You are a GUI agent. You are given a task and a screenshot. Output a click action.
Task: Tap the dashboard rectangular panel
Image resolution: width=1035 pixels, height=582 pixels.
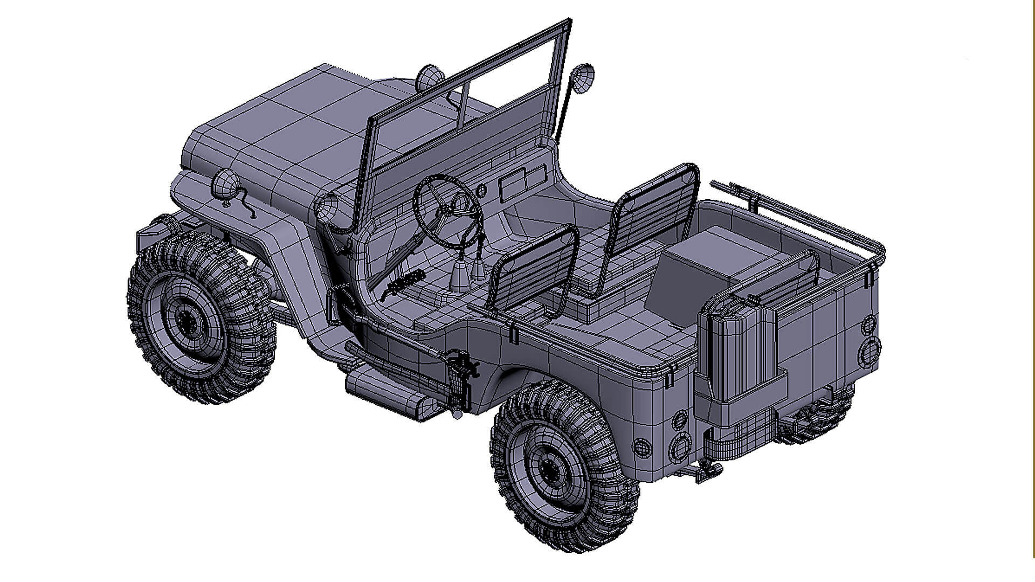click(520, 181)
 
